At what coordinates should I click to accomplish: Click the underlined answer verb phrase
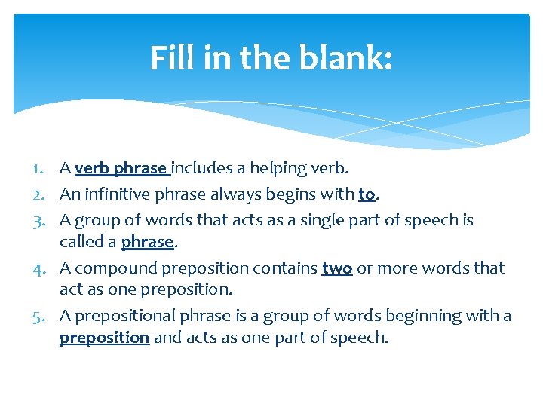pyautogui.click(x=123, y=168)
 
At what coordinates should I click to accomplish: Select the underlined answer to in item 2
pyautogui.click(x=367, y=194)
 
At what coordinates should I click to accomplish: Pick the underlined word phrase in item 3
pyautogui.click(x=146, y=242)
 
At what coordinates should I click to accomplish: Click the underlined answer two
pyautogui.click(x=337, y=268)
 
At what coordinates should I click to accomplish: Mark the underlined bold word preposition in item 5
pyautogui.click(x=104, y=338)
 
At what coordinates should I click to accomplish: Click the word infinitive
pyautogui.click(x=116, y=194)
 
